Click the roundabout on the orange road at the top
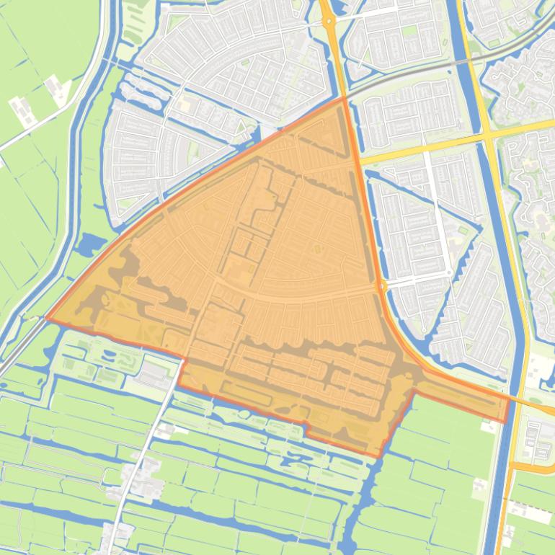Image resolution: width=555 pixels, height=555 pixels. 329,22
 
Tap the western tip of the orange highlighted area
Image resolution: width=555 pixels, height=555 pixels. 48,317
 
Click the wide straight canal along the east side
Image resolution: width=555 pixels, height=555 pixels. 497,216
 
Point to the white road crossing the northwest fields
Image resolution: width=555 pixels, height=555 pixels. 43,123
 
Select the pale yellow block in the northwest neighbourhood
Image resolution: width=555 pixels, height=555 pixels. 185,106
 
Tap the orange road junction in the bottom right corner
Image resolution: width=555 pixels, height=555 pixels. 513,469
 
